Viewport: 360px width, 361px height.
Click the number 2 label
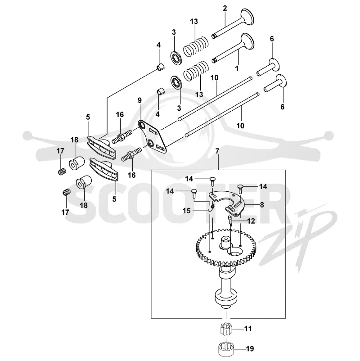coord(225,8)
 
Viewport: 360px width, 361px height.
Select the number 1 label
coord(237,68)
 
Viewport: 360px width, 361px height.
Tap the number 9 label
coord(139,100)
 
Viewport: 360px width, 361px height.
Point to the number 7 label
coord(217,151)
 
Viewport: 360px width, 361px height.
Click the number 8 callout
coord(262,205)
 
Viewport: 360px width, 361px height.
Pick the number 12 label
coord(251,221)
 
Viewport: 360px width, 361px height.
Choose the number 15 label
coord(187,210)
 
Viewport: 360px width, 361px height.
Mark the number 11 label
coord(247,329)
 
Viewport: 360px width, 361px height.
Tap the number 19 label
coord(250,348)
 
